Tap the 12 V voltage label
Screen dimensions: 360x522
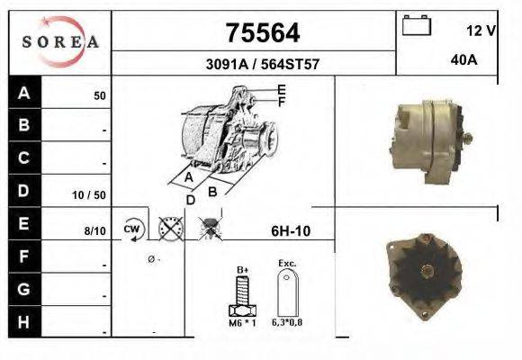(481, 31)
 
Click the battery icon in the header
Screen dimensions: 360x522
(415, 25)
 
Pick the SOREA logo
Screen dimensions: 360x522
(60, 42)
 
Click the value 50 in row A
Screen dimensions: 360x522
(100, 94)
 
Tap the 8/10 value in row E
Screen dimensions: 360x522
(94, 231)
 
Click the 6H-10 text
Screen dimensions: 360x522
(291, 230)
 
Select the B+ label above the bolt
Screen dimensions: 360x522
(242, 269)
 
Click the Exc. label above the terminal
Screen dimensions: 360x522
(287, 264)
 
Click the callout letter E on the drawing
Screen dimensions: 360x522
(282, 89)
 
